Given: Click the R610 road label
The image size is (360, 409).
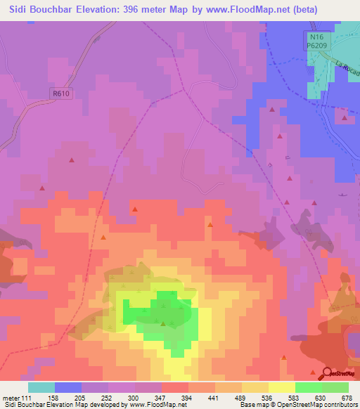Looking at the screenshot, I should coord(63,91).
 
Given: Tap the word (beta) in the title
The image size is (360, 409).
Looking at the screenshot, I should coord(283,10).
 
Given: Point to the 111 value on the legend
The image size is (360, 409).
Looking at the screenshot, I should coord(27,397).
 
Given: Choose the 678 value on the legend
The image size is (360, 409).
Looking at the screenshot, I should coord(347,397).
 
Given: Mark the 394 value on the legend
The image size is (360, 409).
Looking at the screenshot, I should coord(187,397).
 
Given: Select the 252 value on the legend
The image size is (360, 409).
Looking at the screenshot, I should coord(107,397).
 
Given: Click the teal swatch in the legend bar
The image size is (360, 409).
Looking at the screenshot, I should coord(41,387).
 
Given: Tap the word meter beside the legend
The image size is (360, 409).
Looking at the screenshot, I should coord(10,397).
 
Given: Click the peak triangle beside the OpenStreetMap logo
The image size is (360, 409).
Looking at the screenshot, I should coord(314,370).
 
